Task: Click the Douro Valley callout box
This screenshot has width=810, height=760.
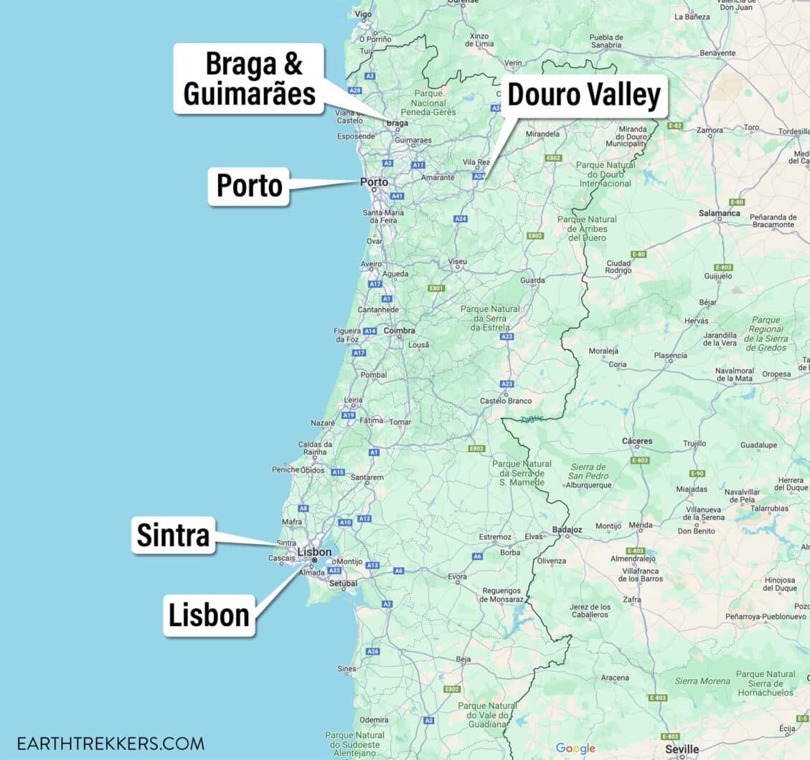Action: click(x=583, y=95)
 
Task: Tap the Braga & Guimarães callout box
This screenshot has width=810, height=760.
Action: click(x=249, y=79)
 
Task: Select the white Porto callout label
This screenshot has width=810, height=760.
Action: click(x=249, y=186)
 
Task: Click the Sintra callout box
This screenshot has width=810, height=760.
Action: click(x=173, y=535)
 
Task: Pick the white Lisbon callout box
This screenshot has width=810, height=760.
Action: click(x=209, y=614)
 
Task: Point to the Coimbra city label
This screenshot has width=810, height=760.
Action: click(x=400, y=331)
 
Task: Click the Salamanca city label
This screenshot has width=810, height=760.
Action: click(x=720, y=213)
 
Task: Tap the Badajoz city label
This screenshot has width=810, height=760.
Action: click(x=568, y=530)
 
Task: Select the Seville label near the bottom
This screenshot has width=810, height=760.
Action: click(x=682, y=749)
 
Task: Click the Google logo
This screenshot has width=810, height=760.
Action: click(x=575, y=749)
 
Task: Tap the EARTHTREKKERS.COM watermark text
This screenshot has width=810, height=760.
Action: click(x=110, y=744)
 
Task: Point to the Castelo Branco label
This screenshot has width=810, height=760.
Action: click(x=506, y=401)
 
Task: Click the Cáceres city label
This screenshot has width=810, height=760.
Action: click(x=637, y=441)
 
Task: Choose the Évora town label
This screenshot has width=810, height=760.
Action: click(x=457, y=576)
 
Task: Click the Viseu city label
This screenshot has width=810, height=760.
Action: click(x=457, y=262)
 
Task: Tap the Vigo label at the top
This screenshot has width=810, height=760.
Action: click(x=363, y=14)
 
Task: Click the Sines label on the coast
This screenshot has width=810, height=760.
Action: click(x=347, y=668)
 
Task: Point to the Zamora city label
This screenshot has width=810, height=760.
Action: click(x=710, y=130)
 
